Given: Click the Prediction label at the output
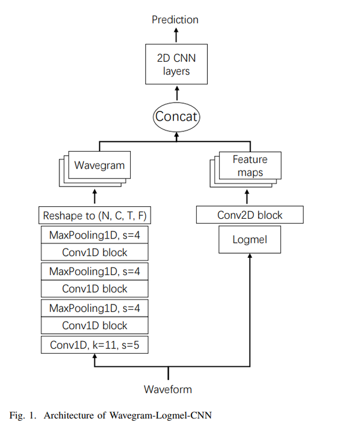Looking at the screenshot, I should pos(175,19).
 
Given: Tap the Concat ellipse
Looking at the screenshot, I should pos(176,116).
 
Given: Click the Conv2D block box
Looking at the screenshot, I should pos(250,215).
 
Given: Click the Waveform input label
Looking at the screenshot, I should pos(168,389).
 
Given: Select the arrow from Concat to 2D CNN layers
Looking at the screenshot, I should pos(176,93).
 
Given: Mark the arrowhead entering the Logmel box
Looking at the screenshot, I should pos(250,255).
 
